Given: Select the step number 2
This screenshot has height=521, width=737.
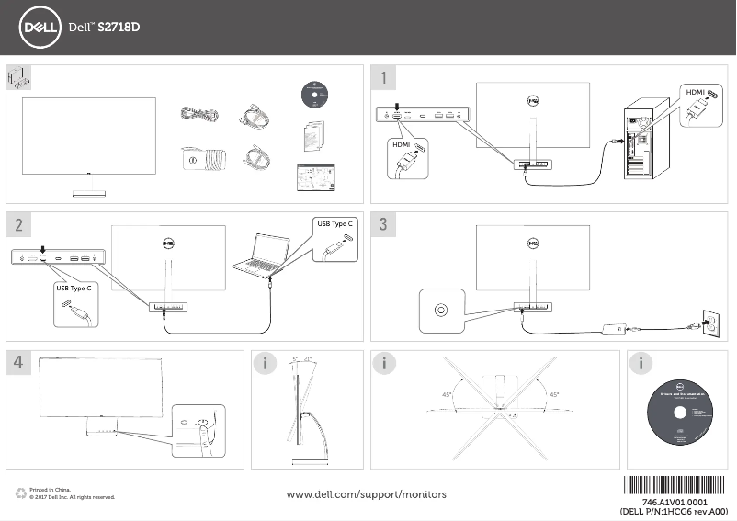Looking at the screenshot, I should [19, 224].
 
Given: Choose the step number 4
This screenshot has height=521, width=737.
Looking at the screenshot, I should [19, 363].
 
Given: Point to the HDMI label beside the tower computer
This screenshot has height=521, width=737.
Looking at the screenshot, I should [696, 93].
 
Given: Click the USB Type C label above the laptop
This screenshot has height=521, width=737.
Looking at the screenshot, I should [335, 224].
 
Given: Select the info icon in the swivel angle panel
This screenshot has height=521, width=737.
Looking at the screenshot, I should [388, 363].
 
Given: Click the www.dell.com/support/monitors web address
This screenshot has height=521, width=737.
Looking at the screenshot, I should [367, 494].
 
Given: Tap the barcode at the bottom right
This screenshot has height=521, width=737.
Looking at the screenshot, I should [679, 487].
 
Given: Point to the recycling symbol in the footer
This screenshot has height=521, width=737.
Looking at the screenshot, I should [20, 494].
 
